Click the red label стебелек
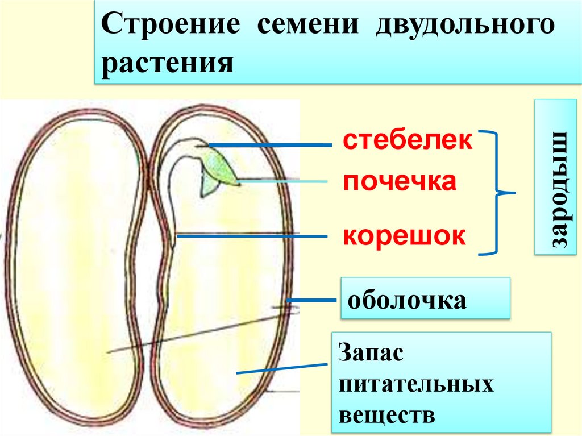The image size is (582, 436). point(407,140)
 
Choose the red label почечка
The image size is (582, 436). point(399,182)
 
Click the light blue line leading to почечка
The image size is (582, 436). point(284,182)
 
